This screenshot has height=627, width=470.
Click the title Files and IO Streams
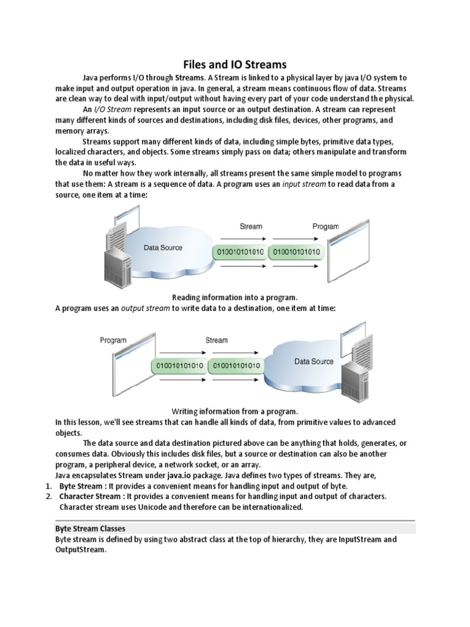pyautogui.click(x=235, y=64)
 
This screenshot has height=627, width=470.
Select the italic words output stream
pyautogui.click(x=145, y=309)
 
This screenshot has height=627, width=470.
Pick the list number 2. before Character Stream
pyautogui.click(x=49, y=496)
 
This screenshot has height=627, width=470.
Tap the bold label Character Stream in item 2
pyautogui.click(x=91, y=496)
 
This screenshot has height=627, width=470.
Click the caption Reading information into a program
pyautogui.click(x=234, y=297)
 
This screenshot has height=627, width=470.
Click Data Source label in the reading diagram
pyautogui.click(x=163, y=248)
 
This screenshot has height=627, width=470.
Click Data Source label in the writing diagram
pyautogui.click(x=313, y=361)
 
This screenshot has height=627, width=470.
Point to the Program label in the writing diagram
pyautogui.click(x=113, y=340)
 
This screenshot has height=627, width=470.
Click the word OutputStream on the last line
pyautogui.click(x=81, y=550)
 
